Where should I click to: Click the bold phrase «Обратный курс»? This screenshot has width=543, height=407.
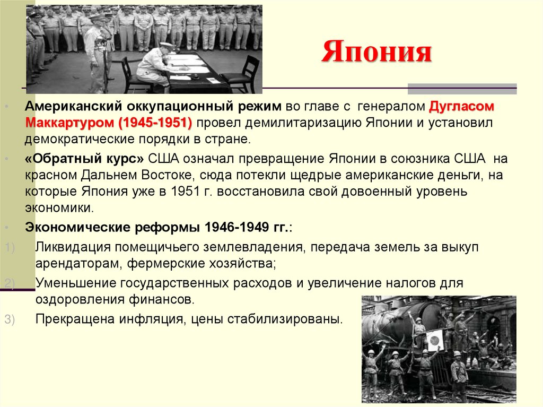[84, 158]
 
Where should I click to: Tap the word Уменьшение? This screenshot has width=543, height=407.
[76, 282]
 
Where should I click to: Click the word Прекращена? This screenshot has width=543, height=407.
[72, 319]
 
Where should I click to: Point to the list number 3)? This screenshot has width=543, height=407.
[11, 319]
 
